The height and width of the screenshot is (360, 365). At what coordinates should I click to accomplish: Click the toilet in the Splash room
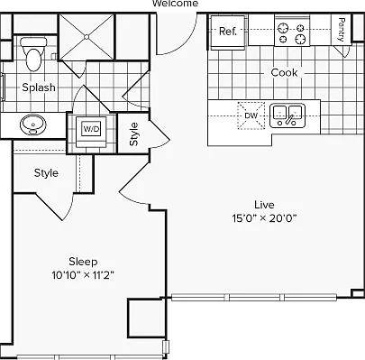pyautogui.click(x=33, y=54)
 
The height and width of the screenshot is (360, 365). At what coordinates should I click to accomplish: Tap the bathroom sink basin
pyautogui.click(x=33, y=125)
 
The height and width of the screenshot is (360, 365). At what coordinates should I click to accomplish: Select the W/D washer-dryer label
pyautogui.click(x=91, y=129)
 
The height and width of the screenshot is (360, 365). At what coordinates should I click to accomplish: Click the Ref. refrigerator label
pyautogui.click(x=228, y=31)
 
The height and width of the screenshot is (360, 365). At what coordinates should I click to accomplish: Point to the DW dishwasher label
pyautogui.click(x=251, y=115)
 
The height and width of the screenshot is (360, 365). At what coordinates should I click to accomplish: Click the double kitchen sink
pyautogui.click(x=287, y=115)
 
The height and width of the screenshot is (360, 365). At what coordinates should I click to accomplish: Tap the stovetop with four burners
pyautogui.click(x=292, y=33)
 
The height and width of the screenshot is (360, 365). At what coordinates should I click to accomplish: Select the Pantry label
pyautogui.click(x=341, y=30)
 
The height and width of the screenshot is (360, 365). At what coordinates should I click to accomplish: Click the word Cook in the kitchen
pyautogui.click(x=284, y=72)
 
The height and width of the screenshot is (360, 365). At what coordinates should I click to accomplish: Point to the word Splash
pyautogui.click(x=39, y=88)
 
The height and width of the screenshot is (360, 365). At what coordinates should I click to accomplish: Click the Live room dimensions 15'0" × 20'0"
pyautogui.click(x=264, y=218)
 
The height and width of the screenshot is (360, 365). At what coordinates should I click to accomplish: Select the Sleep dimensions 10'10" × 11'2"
pyautogui.click(x=83, y=275)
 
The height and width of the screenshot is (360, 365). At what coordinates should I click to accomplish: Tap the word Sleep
pyautogui.click(x=83, y=262)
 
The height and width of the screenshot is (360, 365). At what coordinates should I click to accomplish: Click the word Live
pyautogui.click(x=264, y=205)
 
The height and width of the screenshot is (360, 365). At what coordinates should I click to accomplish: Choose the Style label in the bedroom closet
pyautogui.click(x=46, y=173)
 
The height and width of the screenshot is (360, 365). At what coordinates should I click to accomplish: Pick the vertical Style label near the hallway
pyautogui.click(x=134, y=134)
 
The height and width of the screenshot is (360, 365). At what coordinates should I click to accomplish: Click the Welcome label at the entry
pyautogui.click(x=176, y=4)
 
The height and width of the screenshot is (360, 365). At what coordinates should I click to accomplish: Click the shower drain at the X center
pyautogui.click(x=87, y=37)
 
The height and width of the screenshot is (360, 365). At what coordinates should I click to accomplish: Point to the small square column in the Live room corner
pyautogui.click(x=358, y=293)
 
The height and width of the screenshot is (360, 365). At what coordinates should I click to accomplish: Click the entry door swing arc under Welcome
pyautogui.click(x=188, y=44)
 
